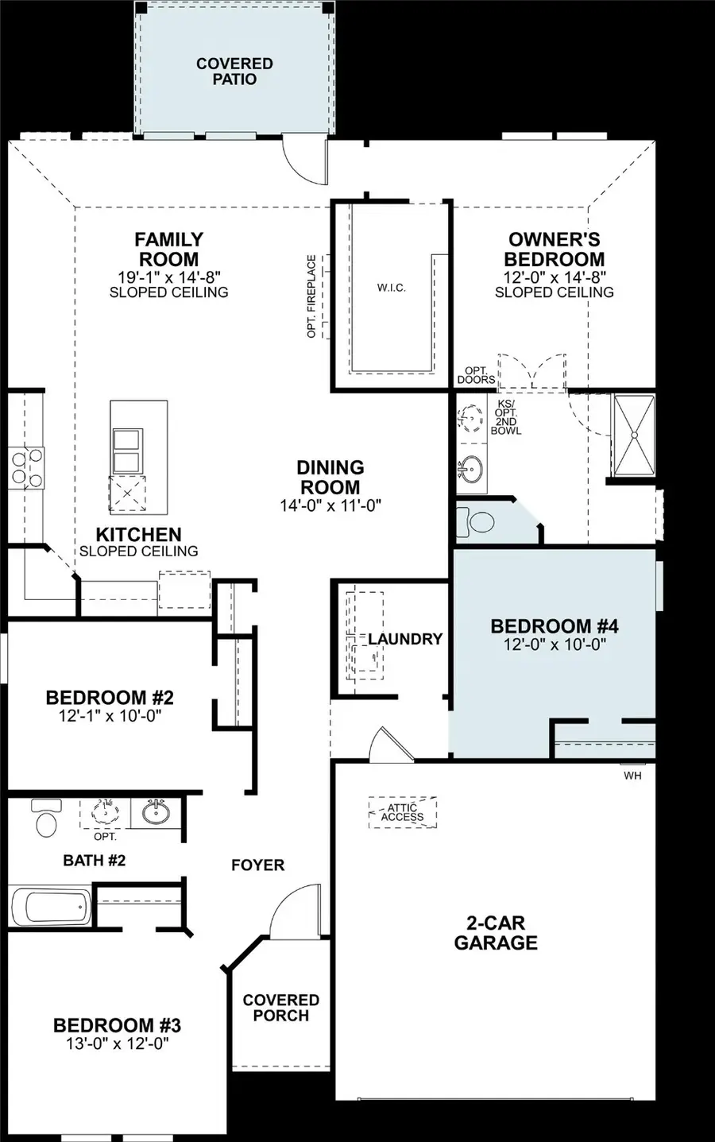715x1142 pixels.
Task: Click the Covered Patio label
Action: pos(234,72)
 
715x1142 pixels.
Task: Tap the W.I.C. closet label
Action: pos(391,288)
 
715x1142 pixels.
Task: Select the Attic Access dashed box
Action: pos(402,812)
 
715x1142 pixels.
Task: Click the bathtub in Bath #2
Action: pos(51,907)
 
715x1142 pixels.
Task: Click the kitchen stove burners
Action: pos(25,468)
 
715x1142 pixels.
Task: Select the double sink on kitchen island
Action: pos(127,451)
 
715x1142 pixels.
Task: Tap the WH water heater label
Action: pos(632,776)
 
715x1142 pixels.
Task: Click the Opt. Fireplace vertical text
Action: pos(311,296)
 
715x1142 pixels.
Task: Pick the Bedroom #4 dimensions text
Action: pos(555,645)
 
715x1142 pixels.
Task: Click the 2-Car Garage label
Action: pos(496,933)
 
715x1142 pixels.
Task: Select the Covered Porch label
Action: pos(281,1008)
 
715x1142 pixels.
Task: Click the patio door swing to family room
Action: pos(306,159)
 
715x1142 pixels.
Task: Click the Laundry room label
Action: pos(405,639)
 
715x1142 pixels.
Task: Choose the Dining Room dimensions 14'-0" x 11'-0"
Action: pos(330,505)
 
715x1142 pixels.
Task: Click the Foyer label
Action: pos(257,865)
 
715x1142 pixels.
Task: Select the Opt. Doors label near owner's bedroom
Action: pos(476,375)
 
